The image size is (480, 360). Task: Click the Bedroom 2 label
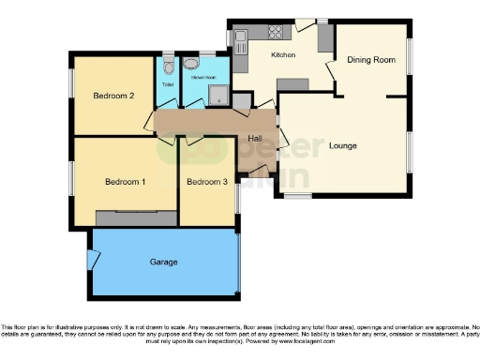112,96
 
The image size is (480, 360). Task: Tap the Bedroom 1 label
124,181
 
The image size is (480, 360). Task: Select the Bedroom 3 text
206,181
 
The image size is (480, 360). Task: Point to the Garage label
163,262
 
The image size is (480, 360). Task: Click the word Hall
254,139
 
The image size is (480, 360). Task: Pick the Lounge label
344,145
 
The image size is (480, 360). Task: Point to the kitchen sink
240,39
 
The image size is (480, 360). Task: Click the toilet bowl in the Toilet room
167,66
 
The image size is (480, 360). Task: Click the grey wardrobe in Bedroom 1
134,217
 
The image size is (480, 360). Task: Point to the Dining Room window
409,57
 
